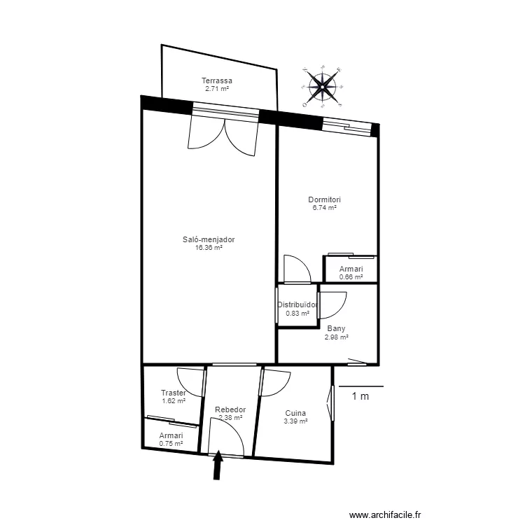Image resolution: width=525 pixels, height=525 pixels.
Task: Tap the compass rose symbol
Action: [322, 87]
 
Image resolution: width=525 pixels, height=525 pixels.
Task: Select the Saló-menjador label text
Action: [209, 239]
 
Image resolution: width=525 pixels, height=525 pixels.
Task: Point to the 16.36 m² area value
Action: [209, 248]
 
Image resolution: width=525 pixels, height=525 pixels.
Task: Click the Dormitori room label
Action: [324, 199]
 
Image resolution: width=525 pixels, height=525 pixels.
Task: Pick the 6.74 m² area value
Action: [324, 208]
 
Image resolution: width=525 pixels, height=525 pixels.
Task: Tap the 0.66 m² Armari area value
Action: [351, 277]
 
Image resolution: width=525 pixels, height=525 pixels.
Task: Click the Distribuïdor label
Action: [297, 304]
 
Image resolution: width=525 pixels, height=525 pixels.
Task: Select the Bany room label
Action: [336, 328]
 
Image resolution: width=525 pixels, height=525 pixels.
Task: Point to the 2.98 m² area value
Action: [336, 337]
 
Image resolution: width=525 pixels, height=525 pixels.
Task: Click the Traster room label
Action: [173, 393]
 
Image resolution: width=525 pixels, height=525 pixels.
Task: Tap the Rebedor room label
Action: [230, 409]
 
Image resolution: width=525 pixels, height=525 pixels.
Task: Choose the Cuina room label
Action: [295, 413]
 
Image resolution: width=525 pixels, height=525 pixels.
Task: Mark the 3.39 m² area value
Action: [295, 421]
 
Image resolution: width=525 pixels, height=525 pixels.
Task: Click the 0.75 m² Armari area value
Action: [171, 444]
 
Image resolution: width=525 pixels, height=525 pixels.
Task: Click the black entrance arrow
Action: [218, 465]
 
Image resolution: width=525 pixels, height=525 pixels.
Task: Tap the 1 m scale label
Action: [360, 397]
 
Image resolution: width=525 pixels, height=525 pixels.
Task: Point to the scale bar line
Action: [361, 386]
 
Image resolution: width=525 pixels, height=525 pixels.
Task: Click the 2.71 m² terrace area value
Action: [217, 89]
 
